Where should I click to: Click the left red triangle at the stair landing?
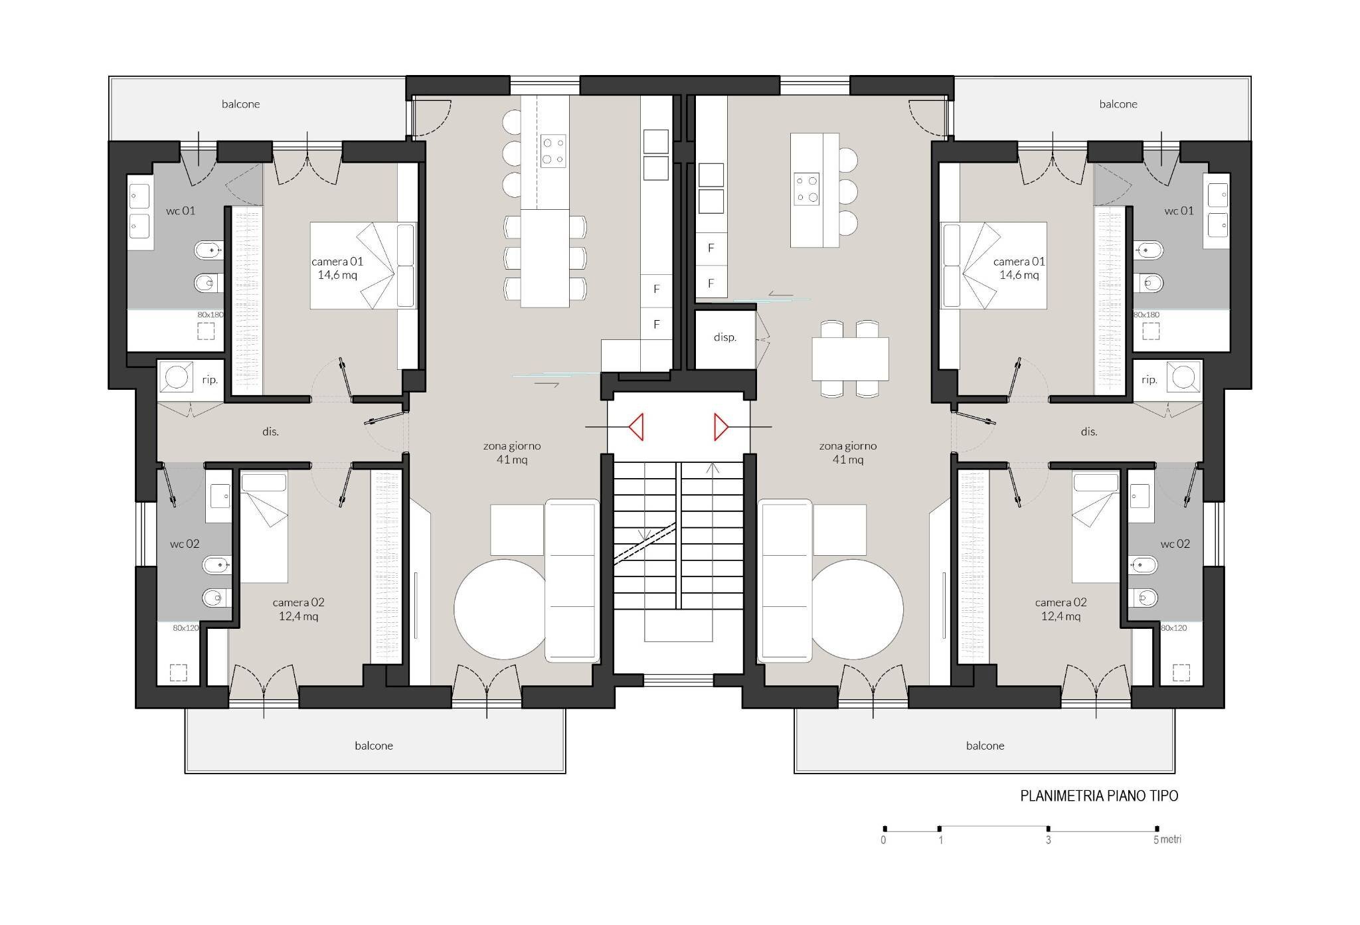[637, 427]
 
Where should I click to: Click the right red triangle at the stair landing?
[721, 427]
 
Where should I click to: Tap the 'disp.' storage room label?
[725, 337]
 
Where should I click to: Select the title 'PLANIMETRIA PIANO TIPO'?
[1099, 796]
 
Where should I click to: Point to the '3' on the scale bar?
[1049, 840]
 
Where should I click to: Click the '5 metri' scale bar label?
[1167, 839]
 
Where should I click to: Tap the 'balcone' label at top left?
[240, 104]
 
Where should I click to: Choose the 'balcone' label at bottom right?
[985, 746]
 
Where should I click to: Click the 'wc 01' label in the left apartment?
[181, 210]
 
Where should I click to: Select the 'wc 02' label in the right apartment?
[1175, 544]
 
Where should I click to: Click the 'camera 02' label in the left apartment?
[298, 602]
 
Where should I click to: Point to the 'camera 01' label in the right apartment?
[1019, 262]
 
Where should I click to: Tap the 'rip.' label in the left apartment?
[210, 380]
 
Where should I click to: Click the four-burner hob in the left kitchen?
[553, 151]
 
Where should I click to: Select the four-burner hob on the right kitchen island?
[807, 189]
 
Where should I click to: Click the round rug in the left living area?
[505, 609]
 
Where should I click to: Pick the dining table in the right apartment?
[850, 359]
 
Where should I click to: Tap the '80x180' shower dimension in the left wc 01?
[211, 315]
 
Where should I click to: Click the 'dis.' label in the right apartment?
[1089, 432]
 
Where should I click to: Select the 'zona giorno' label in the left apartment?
[512, 446]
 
